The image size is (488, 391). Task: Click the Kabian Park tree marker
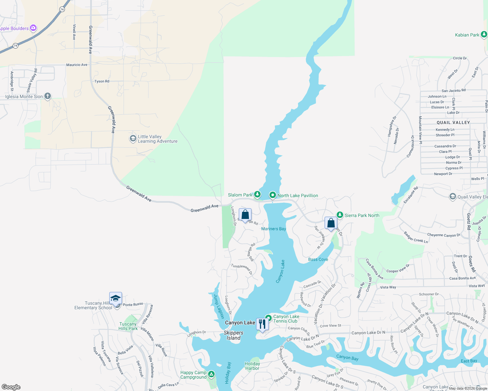(484, 34)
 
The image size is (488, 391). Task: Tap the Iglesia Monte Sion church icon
(48, 96)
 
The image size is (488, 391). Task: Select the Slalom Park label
(240, 195)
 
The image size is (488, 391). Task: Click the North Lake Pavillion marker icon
(272, 195)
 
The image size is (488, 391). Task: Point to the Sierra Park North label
(362, 215)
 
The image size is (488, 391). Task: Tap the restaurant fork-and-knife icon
(262, 324)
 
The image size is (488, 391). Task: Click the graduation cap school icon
(115, 298)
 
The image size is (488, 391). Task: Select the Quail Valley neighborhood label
(453, 123)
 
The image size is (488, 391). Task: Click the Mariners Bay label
(273, 229)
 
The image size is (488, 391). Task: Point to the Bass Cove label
(318, 259)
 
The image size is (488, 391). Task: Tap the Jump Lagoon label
(219, 306)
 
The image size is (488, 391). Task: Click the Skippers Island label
(234, 335)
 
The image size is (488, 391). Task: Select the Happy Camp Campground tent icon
(211, 374)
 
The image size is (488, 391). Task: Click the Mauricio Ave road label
(77, 65)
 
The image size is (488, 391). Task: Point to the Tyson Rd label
(102, 81)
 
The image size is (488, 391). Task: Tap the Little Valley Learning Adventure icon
(133, 138)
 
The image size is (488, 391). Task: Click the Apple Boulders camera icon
(33, 28)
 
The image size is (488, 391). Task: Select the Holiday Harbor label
(252, 366)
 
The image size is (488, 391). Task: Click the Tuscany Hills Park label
(128, 326)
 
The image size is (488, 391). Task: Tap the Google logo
(11, 387)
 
